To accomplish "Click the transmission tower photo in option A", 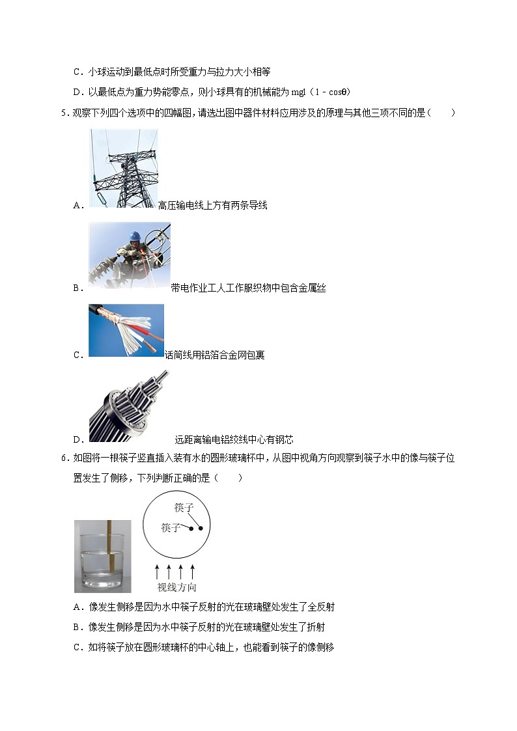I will coord(123,168).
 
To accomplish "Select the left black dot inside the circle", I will coord(191,528).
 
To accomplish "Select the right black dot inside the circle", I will coord(201,528).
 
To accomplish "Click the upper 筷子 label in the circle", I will coord(184,507).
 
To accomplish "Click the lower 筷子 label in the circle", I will coord(171,528).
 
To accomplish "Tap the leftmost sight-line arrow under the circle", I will coord(157,572).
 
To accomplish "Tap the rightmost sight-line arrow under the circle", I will coord(193,572).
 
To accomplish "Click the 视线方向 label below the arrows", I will coord(176,588).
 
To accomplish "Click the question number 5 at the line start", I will coord(63,113).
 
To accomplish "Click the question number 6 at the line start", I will coord(63,458).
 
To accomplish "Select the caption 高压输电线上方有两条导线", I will coord(212,206).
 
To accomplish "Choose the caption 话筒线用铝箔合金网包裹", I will coord(214,355).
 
